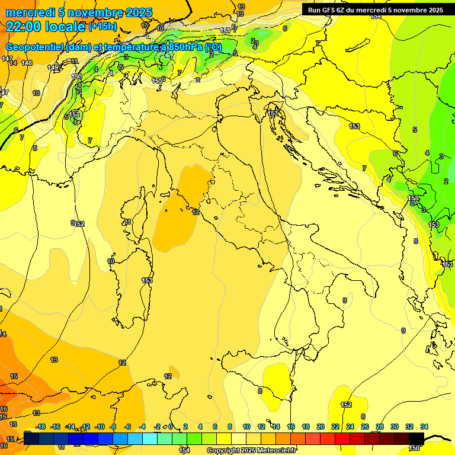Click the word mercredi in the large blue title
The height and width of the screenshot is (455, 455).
coord(29,12)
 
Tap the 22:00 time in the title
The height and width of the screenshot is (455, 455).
coord(24,26)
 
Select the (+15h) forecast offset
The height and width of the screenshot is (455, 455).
coord(102,27)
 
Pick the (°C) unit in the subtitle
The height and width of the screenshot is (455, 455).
coord(213,47)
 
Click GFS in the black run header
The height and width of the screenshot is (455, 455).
coord(330,10)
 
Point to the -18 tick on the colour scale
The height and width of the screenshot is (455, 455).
coord(40,427)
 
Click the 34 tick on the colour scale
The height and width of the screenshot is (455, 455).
coord(424,427)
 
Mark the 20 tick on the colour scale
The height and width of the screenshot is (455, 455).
coord(321,427)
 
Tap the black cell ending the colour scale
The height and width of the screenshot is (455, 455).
coord(416,438)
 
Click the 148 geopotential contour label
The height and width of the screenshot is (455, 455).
coord(27,63)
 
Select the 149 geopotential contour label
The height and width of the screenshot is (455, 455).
coord(53,68)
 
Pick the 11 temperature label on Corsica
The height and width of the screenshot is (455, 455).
coord(128,222)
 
